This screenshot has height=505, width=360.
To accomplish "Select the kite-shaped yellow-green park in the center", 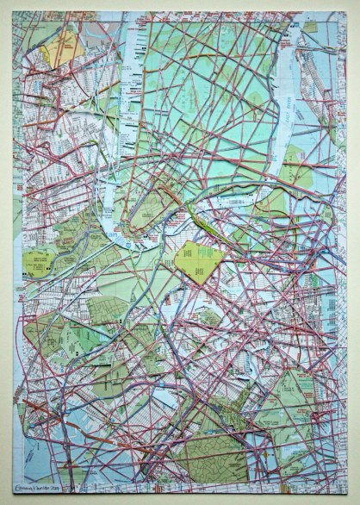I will tap(197, 261).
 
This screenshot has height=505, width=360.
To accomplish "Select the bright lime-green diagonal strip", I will tap(207, 228).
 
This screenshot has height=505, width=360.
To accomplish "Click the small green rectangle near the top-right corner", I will tap(310, 28).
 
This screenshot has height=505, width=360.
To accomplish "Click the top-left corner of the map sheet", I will tap(13, 12).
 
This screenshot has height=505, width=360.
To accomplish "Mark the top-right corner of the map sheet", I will tap(347, 12).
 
